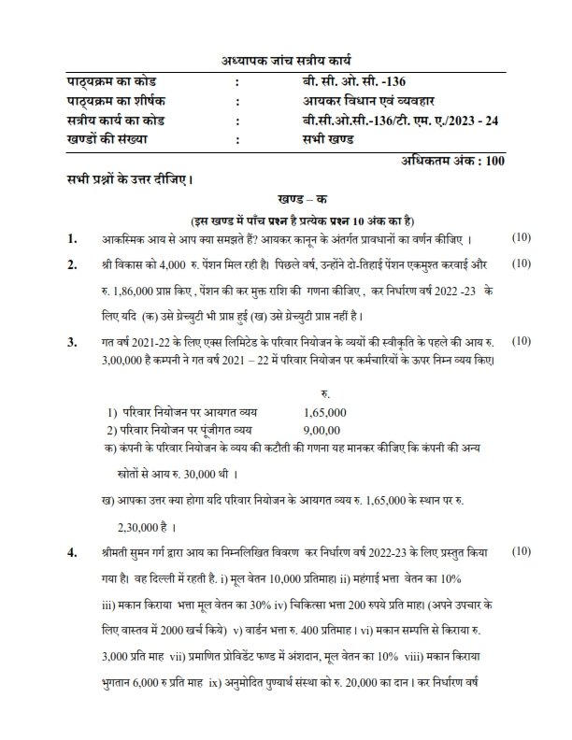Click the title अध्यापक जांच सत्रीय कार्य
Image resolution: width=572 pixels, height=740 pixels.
click(x=286, y=61)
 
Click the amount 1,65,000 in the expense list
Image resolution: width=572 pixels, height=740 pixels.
click(x=326, y=412)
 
